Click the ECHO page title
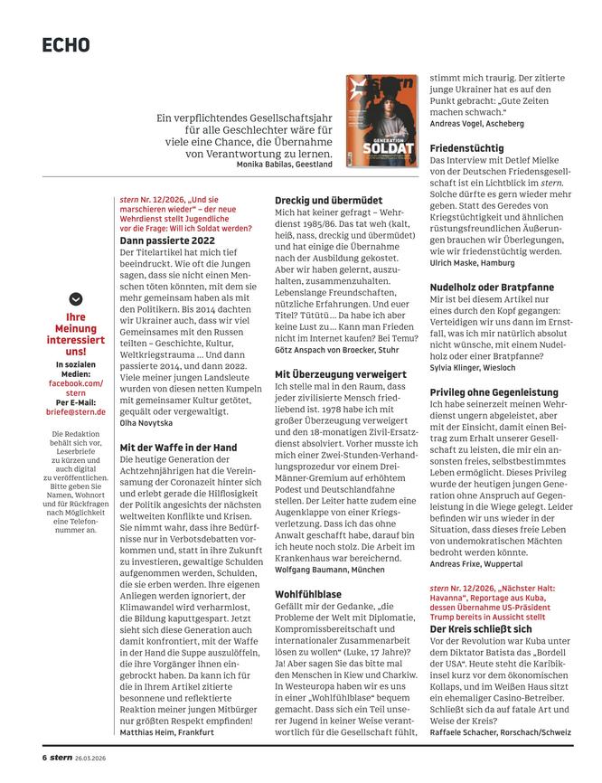(66, 44)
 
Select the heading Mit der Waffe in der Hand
(178, 447)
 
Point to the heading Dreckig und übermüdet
(332, 199)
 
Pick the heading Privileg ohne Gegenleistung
(499, 391)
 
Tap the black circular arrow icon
(75, 298)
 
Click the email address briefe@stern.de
(75, 411)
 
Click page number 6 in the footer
(43, 757)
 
